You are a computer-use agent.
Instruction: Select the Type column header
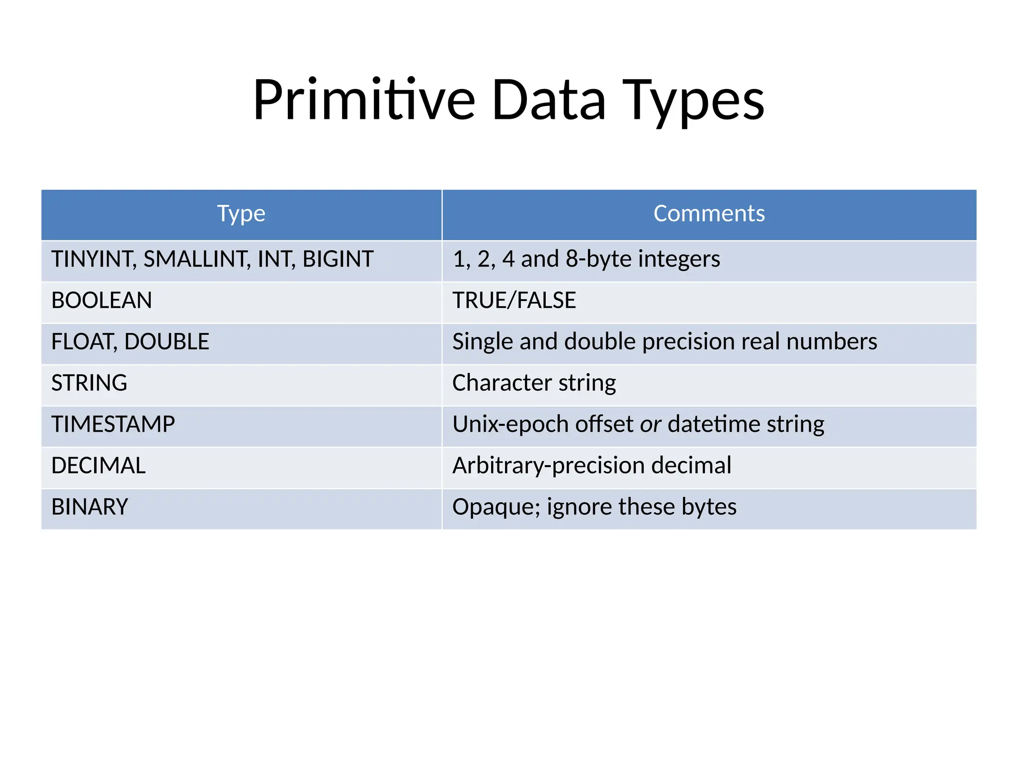(241, 214)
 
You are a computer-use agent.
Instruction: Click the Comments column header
(709, 214)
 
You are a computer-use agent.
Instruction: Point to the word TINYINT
(92, 259)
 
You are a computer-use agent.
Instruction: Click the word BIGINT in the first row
(338, 259)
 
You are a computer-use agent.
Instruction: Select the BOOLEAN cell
(101, 300)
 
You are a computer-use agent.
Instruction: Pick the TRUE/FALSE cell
(514, 300)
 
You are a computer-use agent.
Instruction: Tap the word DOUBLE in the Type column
(167, 342)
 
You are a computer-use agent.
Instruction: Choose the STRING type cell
(89, 383)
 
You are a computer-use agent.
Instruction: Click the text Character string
(534, 383)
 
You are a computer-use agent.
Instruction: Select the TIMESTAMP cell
(113, 424)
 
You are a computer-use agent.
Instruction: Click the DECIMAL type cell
(98, 466)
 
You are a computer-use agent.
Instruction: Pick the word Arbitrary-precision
(548, 466)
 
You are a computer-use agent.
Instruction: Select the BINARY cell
(90, 507)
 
